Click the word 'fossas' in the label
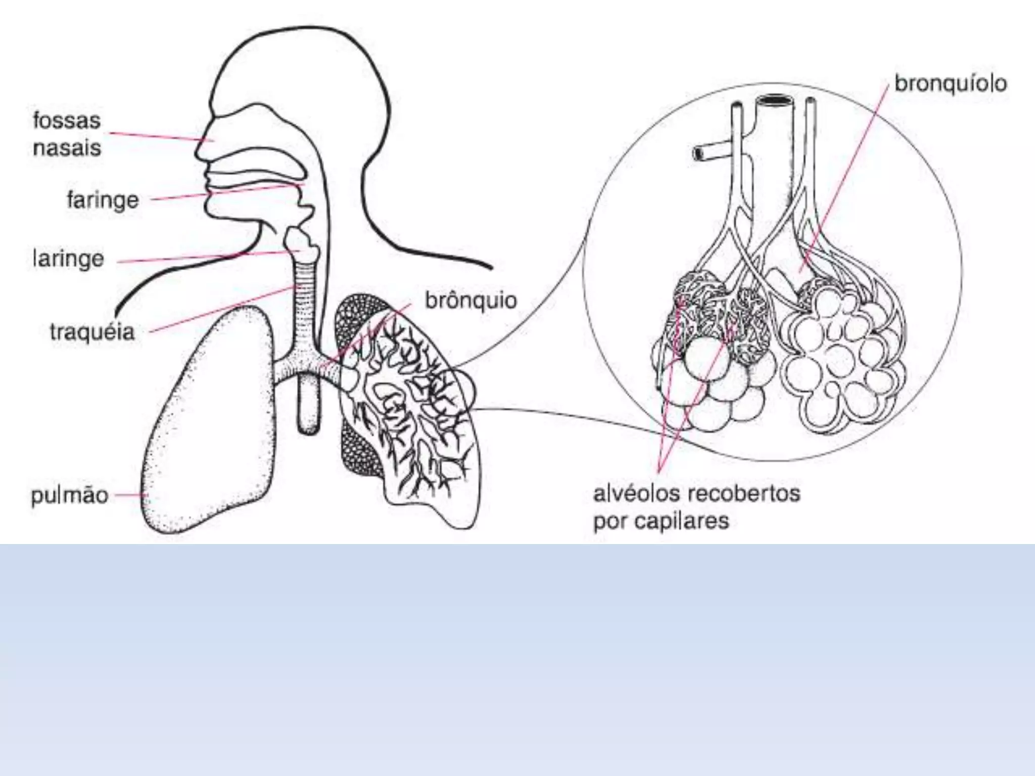coord(67,121)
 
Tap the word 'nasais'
coord(67,149)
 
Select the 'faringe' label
coord(103,200)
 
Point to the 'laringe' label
coord(68,259)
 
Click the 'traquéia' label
coord(92,332)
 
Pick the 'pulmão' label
coord(70,495)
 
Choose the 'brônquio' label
coord(471,301)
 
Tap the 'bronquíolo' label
coord(950,84)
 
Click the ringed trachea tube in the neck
coord(306,303)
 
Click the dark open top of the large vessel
coord(774,101)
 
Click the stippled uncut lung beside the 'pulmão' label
coord(212,429)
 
